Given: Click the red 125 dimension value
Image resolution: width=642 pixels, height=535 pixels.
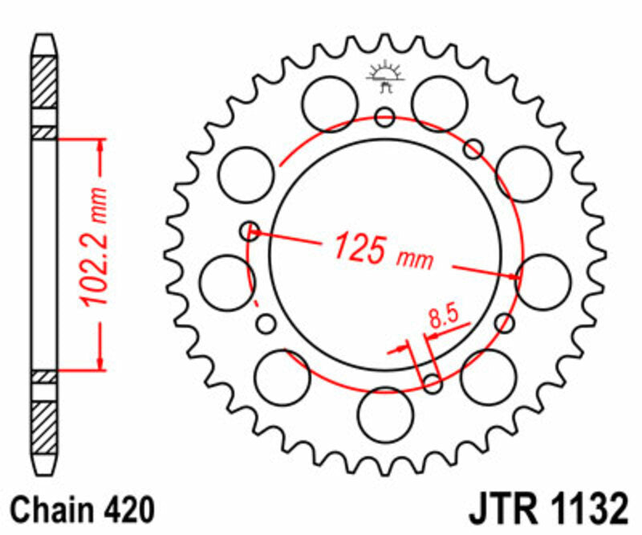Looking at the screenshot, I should (360, 247).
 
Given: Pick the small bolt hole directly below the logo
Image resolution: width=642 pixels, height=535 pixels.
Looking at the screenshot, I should (385, 118).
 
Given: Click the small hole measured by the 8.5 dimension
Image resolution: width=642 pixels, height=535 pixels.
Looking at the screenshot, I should (433, 384).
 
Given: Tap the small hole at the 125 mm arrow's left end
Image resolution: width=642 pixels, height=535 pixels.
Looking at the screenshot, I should (250, 231).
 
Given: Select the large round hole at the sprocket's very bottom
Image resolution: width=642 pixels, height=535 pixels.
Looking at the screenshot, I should (385, 414).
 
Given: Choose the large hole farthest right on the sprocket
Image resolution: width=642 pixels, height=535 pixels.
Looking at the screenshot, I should (543, 280).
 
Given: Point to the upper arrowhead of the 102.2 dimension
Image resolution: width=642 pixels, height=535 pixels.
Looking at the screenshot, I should (100, 145).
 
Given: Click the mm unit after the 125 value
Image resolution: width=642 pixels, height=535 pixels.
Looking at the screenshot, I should (414, 259).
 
